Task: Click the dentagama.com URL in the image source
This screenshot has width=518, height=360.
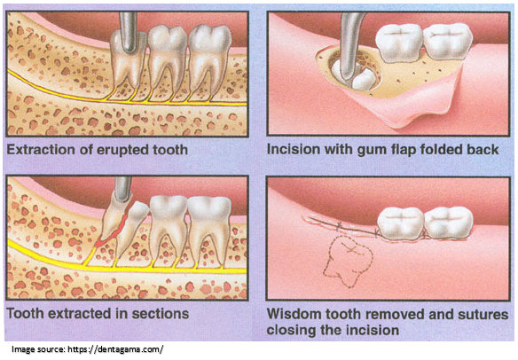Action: click(x=115, y=349)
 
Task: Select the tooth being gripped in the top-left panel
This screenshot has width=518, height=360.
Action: click(x=128, y=60)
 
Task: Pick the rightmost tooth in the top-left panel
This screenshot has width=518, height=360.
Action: click(x=209, y=59)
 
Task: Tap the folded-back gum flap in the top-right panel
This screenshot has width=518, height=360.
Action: click(x=413, y=102)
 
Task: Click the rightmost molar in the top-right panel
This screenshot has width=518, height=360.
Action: click(x=448, y=42)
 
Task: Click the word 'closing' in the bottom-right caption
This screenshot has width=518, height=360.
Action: click(x=290, y=330)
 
